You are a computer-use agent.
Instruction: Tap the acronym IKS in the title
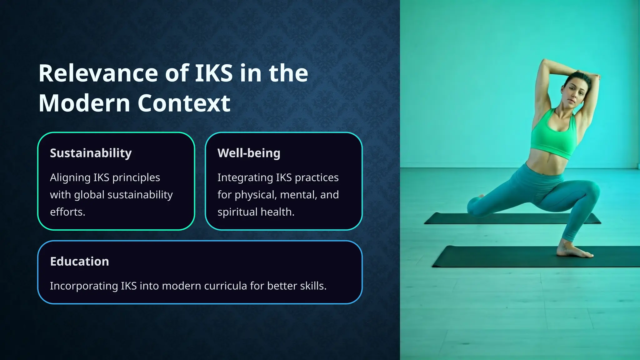[214, 73]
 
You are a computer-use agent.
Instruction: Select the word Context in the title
[184, 103]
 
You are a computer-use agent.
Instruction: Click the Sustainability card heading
[91, 153]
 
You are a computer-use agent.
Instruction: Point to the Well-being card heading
[249, 153]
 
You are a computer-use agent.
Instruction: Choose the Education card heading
[79, 262]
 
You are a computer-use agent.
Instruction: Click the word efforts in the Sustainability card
[67, 212]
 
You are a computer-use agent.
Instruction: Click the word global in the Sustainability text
[89, 195]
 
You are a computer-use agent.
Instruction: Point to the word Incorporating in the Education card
[84, 286]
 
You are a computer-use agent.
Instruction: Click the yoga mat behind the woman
[512, 218]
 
